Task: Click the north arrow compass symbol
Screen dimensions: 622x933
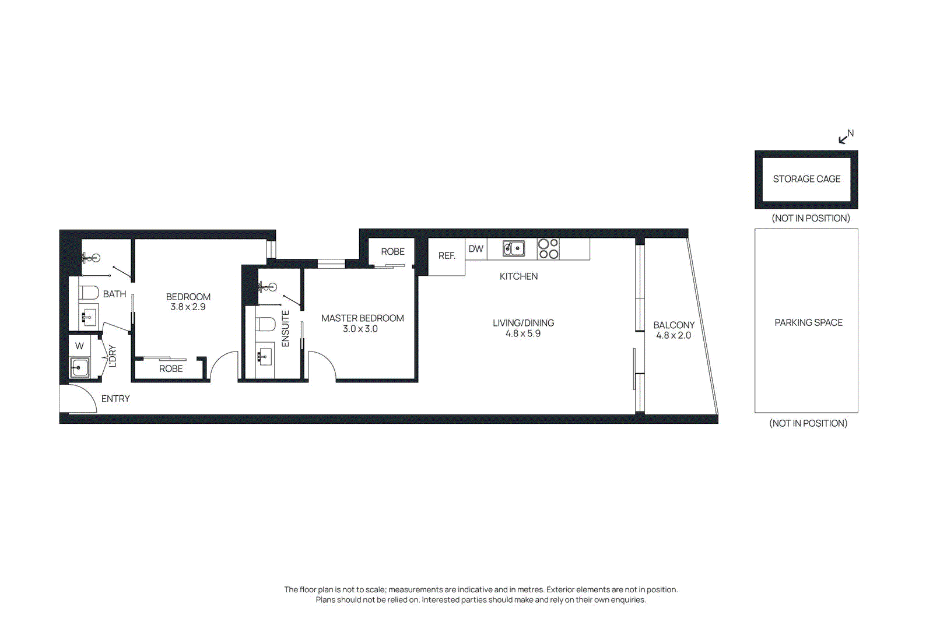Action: tap(845, 137)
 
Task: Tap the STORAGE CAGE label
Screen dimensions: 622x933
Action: tap(806, 179)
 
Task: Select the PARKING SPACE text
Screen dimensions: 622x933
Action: tap(808, 322)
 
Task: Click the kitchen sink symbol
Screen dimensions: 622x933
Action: tap(514, 249)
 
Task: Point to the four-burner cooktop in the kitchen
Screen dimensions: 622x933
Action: tap(548, 249)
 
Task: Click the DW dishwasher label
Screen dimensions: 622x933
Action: tap(476, 249)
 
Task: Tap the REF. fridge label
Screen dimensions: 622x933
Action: tap(447, 256)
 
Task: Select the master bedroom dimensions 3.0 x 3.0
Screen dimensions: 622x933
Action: tap(360, 329)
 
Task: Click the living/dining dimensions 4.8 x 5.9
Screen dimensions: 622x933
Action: tap(523, 333)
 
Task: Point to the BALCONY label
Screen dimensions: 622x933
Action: tap(674, 325)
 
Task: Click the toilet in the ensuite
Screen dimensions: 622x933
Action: tap(266, 324)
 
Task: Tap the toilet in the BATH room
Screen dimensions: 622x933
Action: tap(89, 292)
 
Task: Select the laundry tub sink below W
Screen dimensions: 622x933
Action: tap(79, 368)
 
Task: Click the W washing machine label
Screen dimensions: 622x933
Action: tap(79, 346)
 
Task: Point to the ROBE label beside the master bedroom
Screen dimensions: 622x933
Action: tap(392, 252)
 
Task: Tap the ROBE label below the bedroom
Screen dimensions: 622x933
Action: tap(171, 368)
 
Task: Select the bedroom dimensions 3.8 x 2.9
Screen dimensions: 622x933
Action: tap(188, 307)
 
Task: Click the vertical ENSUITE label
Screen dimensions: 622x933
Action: tap(285, 329)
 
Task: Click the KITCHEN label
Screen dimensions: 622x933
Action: tap(518, 276)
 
